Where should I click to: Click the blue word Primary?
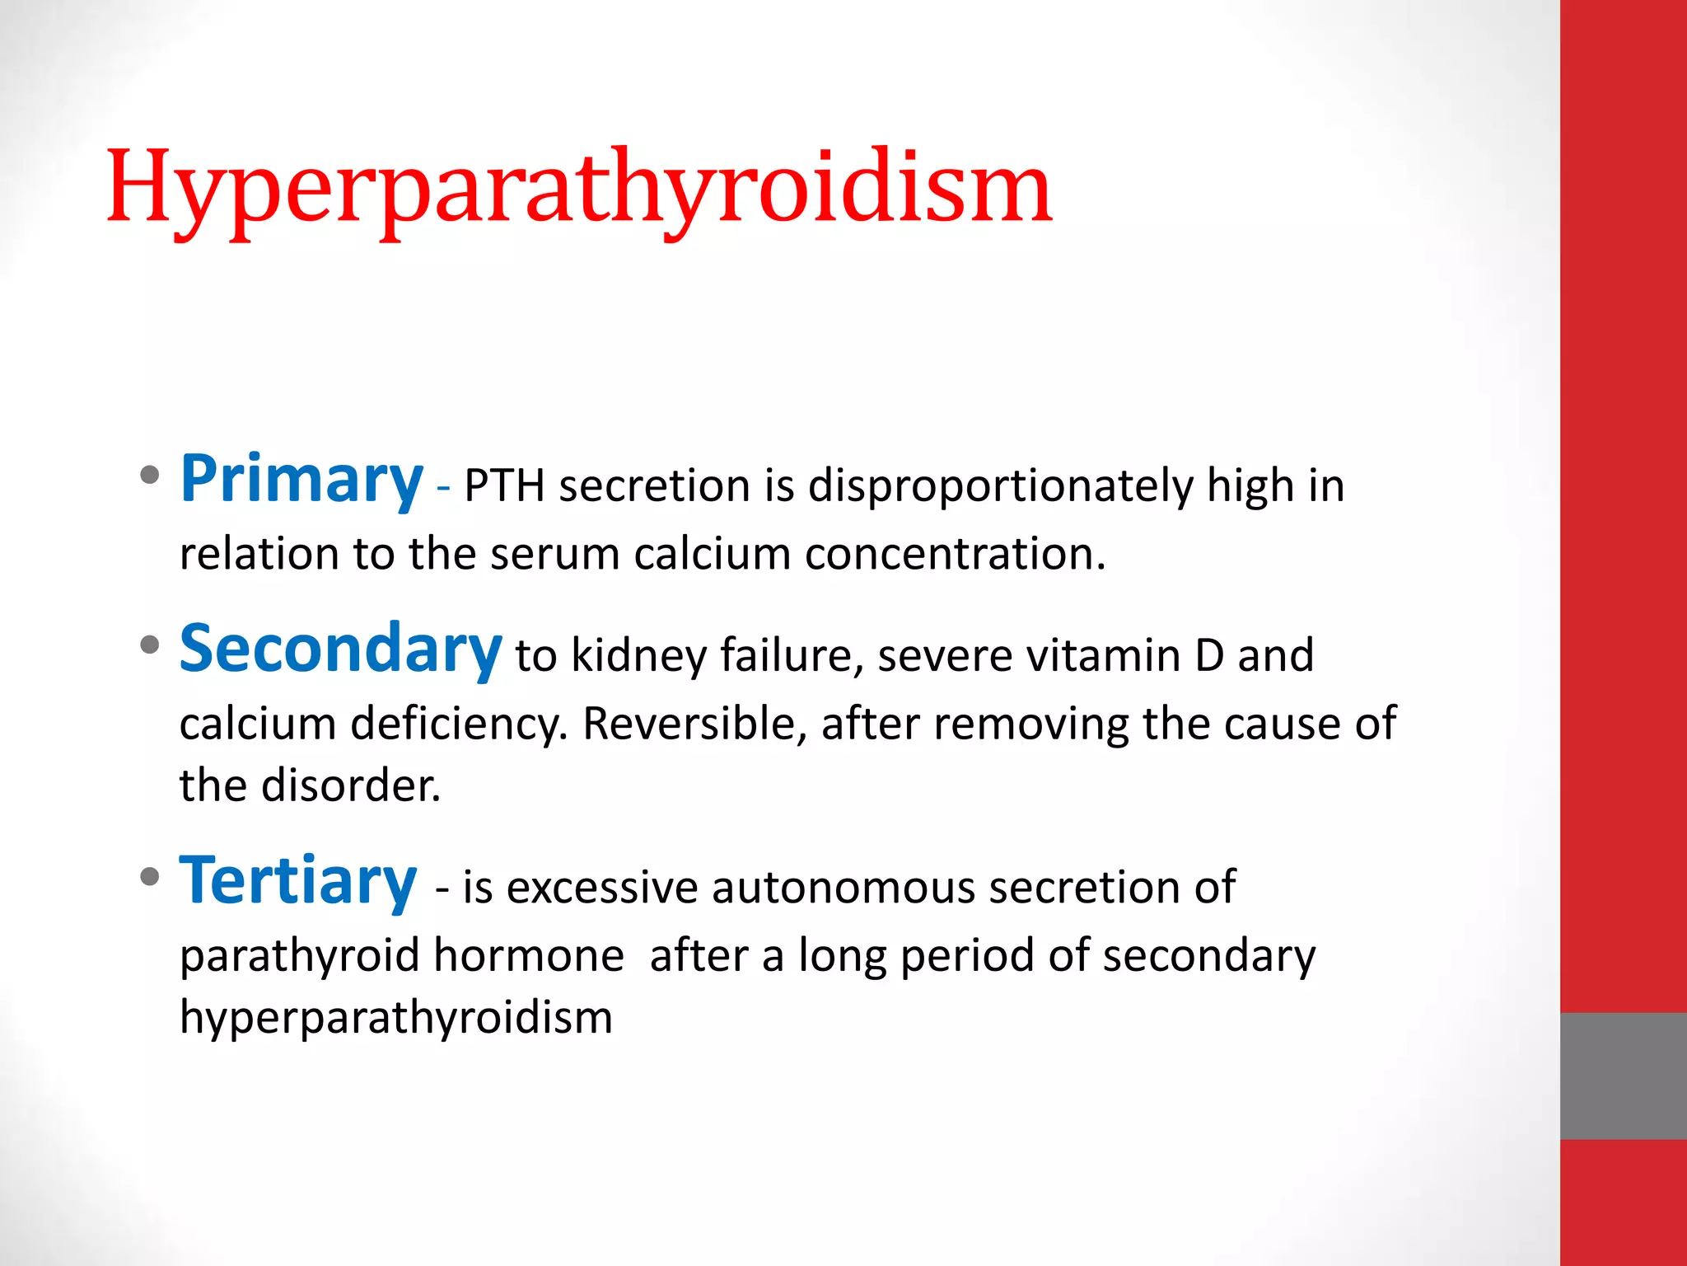pyautogui.click(x=301, y=480)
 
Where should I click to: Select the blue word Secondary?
pyautogui.click(x=340, y=649)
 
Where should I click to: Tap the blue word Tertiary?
pyautogui.click(x=298, y=882)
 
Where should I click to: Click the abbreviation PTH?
pyautogui.click(x=504, y=486)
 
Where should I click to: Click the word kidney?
pyautogui.click(x=638, y=656)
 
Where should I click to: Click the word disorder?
pyautogui.click(x=351, y=785)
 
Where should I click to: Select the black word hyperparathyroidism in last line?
pyautogui.click(x=396, y=1018)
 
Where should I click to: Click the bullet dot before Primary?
pyautogui.click(x=149, y=476)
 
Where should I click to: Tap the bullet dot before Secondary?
pyautogui.click(x=149, y=645)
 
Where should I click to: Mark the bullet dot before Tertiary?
pyautogui.click(x=149, y=877)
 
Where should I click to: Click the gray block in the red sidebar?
pyautogui.click(x=1623, y=1076)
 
